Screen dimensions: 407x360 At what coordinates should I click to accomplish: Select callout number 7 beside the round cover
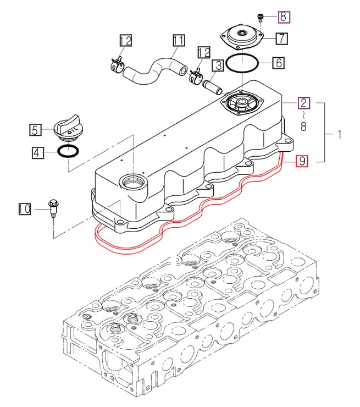[281, 38]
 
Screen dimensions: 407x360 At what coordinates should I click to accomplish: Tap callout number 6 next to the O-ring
[279, 63]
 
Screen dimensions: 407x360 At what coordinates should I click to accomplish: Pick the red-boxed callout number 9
[302, 161]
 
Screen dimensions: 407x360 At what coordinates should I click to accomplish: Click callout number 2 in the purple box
[304, 102]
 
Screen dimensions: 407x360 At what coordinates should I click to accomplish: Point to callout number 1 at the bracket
[339, 134]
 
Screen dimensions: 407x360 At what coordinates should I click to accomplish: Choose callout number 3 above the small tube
[218, 65]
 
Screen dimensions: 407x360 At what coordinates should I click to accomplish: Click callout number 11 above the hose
[179, 40]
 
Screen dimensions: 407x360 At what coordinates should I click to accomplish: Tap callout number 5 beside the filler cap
[35, 130]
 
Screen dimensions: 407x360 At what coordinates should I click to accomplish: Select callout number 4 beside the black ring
[36, 152]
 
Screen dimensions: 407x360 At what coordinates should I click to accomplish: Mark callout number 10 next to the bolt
[24, 209]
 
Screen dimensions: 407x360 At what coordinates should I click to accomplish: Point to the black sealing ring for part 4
[69, 151]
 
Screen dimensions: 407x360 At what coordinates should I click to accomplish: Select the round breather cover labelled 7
[242, 38]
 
